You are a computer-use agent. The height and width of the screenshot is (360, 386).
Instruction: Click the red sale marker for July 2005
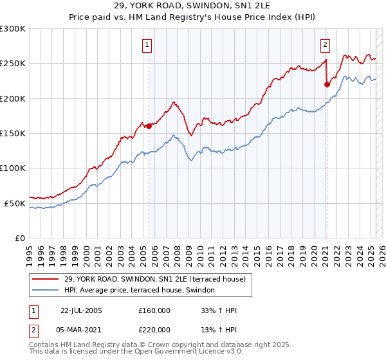149,126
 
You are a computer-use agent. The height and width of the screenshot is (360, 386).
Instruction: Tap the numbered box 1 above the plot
147,45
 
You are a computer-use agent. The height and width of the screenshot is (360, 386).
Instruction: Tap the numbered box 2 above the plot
326,45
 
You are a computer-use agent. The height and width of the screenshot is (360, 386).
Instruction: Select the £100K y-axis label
13,168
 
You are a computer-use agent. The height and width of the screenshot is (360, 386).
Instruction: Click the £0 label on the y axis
19,238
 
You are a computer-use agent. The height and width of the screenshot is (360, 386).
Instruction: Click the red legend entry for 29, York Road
154,280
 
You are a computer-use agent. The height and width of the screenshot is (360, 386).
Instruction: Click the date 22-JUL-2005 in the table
81,310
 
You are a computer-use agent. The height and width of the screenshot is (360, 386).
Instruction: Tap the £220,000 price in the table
154,329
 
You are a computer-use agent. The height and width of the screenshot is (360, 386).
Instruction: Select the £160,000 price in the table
154,310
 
